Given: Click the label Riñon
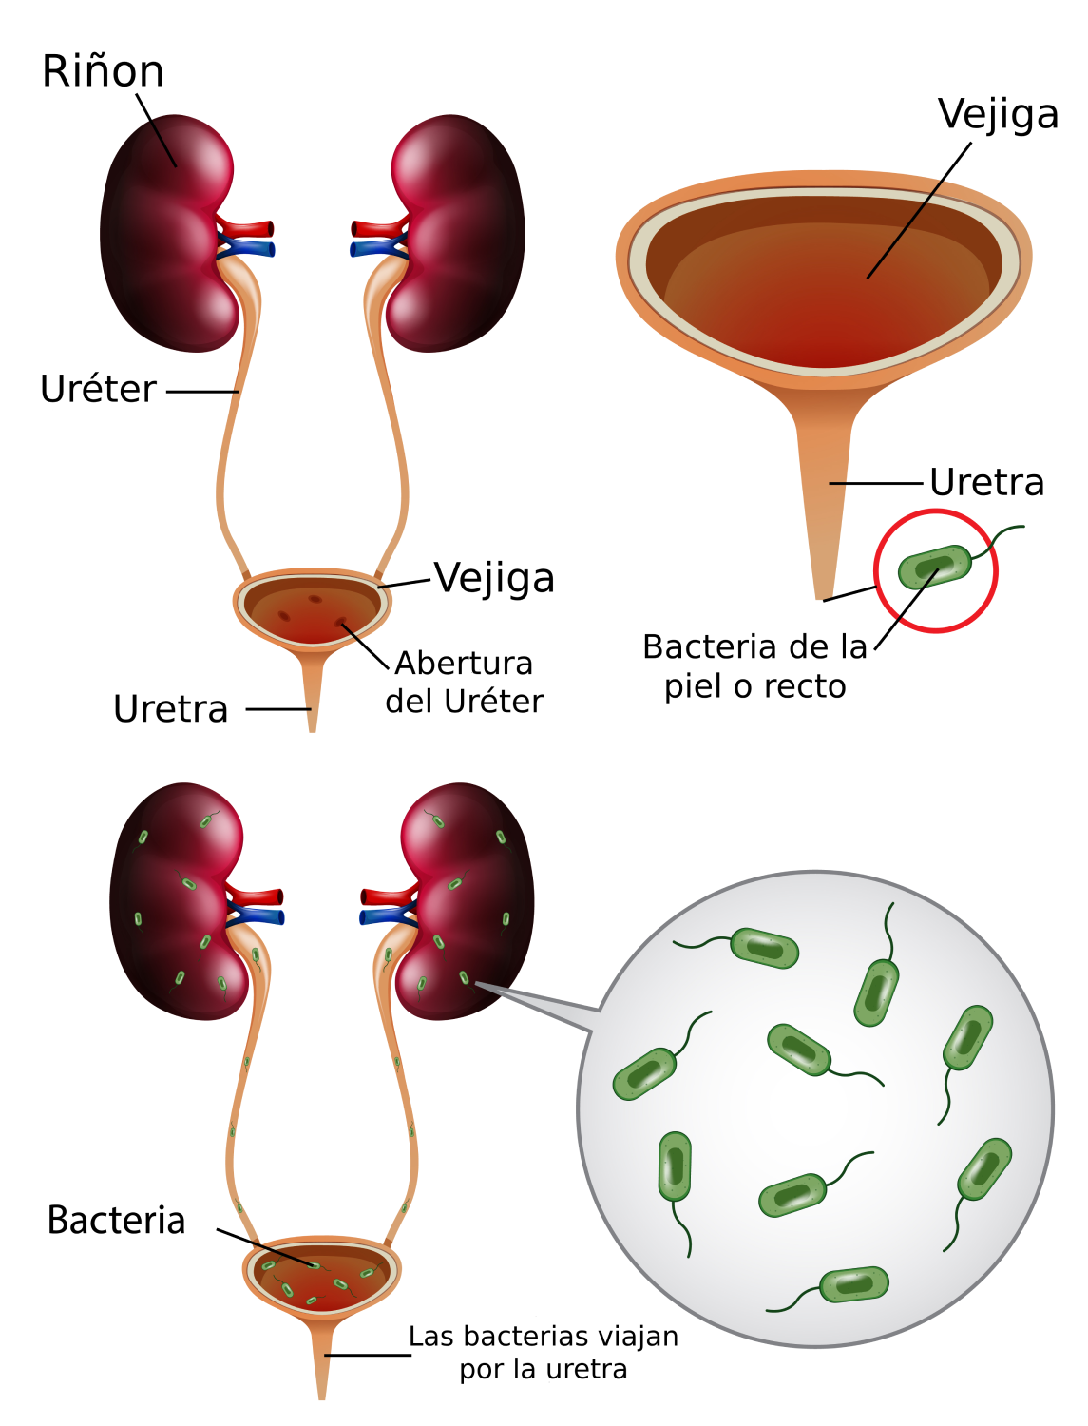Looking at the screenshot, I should (103, 72).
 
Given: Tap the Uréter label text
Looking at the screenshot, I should (98, 390).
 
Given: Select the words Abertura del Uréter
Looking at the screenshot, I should (465, 682).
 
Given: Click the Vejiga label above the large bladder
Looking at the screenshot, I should (998, 115).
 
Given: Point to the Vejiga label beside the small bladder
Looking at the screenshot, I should (494, 578).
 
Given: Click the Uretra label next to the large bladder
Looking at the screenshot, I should (986, 483).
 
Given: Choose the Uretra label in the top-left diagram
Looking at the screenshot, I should (171, 709).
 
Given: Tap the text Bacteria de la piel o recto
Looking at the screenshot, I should (755, 666).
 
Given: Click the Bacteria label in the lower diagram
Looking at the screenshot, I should (116, 1221).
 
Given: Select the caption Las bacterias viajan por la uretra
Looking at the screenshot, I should (544, 1353).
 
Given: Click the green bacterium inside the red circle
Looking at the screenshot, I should (935, 567).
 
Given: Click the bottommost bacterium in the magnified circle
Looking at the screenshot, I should (853, 1284).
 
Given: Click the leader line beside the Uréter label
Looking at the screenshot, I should (202, 391).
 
